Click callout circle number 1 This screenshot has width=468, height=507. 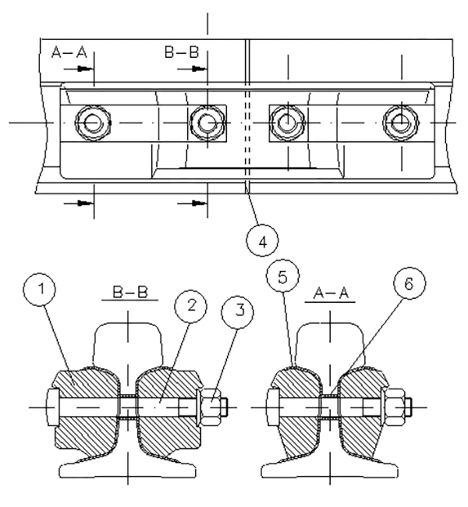point(39,289)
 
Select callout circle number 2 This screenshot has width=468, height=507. point(191,306)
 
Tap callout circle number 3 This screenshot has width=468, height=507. point(238,312)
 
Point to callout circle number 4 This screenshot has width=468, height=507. point(262,240)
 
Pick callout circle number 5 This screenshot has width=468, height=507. point(283,276)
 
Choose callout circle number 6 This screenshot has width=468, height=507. point(409,283)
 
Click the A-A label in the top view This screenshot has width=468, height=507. point(69,53)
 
